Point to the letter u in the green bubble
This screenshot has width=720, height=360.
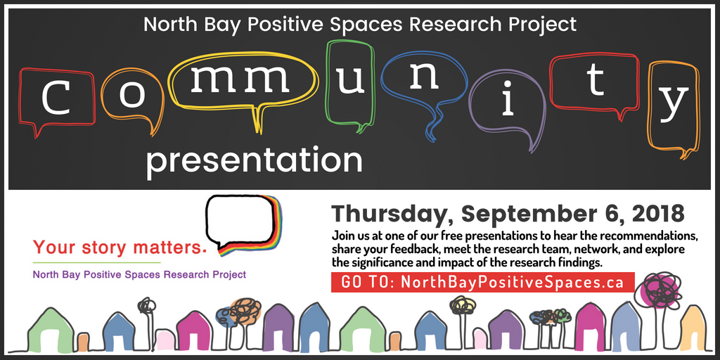point(350,81)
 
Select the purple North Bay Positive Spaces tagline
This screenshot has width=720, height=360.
point(139,274)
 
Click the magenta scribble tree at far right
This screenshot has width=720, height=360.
point(658,290)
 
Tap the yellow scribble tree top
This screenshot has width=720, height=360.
point(463,304)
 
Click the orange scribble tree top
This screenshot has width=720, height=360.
point(245,310)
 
